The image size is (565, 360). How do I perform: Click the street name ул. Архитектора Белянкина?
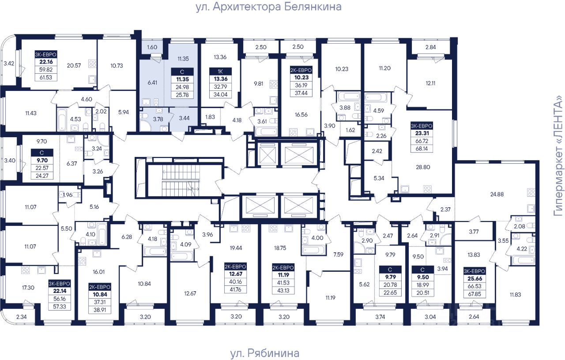pyautogui.click(x=269, y=7)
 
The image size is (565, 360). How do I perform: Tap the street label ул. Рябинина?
pyautogui.click(x=264, y=353)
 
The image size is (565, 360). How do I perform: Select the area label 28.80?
pyautogui.click(x=423, y=167)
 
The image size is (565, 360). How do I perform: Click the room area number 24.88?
pyautogui.click(x=497, y=194)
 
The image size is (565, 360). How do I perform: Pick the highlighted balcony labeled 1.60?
pyautogui.click(x=152, y=47)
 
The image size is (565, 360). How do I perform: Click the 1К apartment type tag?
pyautogui.click(x=220, y=71)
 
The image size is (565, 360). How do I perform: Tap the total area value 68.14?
pyautogui.click(x=422, y=149)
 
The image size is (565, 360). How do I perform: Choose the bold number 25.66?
pyautogui.click(x=475, y=278)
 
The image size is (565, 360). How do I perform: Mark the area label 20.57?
pyautogui.click(x=74, y=66)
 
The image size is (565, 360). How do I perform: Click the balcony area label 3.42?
pyautogui.click(x=9, y=63)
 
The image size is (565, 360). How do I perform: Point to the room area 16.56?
pyautogui.click(x=301, y=115)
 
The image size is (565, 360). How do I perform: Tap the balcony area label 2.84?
pyautogui.click(x=430, y=47)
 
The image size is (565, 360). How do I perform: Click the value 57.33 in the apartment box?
pyautogui.click(x=60, y=307)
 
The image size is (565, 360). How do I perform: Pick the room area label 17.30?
pyautogui.click(x=28, y=288)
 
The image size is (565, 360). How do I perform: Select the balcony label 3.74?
pyautogui.click(x=380, y=317)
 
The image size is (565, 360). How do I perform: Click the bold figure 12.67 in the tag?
pyautogui.click(x=235, y=274)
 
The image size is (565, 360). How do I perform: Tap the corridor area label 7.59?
pyautogui.click(x=338, y=255)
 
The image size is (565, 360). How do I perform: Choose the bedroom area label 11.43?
pyautogui.click(x=31, y=113)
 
